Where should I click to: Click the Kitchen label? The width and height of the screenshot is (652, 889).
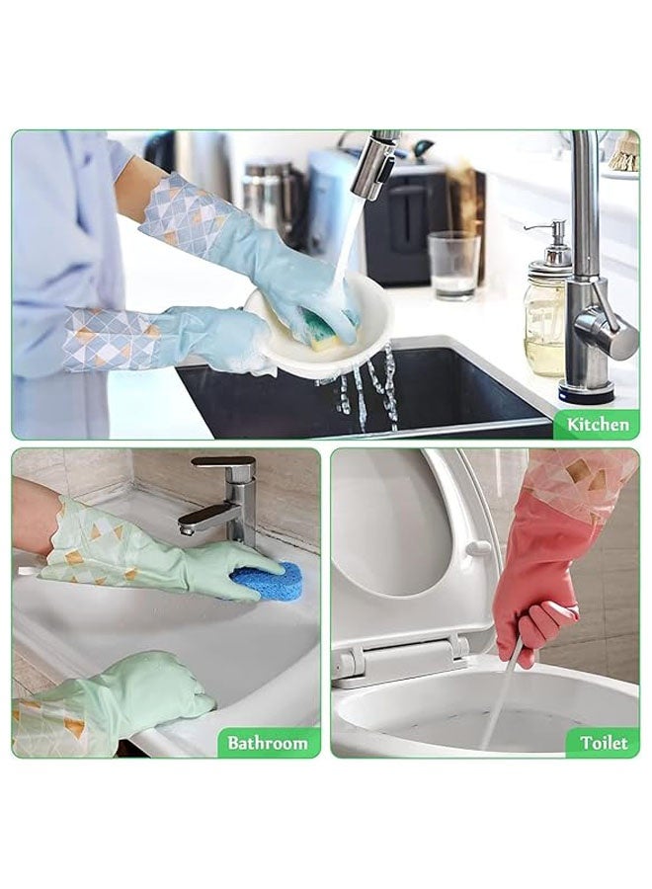(x=597, y=425)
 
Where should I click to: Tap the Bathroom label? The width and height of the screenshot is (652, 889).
(x=268, y=743)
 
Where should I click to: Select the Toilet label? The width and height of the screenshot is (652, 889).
(x=603, y=743)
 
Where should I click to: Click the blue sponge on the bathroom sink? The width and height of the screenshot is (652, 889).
(x=265, y=582)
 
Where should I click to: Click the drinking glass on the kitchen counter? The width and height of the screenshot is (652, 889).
(x=453, y=265)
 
